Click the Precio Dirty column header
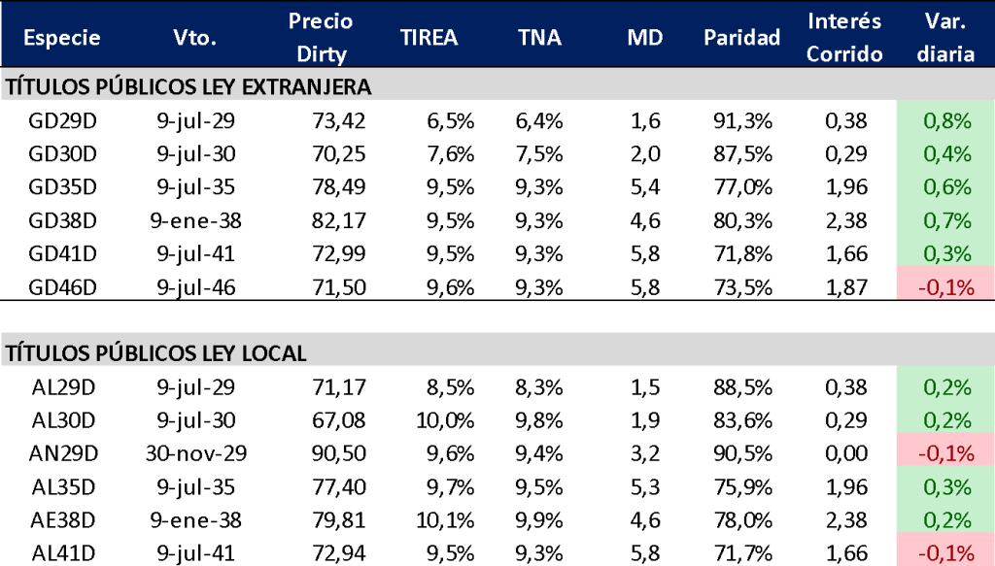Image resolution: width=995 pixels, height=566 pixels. point(321,37)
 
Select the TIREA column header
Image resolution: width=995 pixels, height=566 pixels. point(429,38)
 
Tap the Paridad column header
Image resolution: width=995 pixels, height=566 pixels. point(742,38)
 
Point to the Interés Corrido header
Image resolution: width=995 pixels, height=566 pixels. point(844,37)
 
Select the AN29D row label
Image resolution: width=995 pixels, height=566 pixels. point(63,452)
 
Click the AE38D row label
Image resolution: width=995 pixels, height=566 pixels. point(63,519)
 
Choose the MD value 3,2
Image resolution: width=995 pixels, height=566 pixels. point(644,452)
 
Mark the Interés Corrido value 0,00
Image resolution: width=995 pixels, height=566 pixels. point(843,452)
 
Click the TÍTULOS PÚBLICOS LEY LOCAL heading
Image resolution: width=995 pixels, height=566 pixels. point(156,353)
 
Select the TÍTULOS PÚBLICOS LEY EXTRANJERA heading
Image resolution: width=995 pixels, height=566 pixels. point(189,87)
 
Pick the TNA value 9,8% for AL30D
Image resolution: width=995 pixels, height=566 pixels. point(539,419)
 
